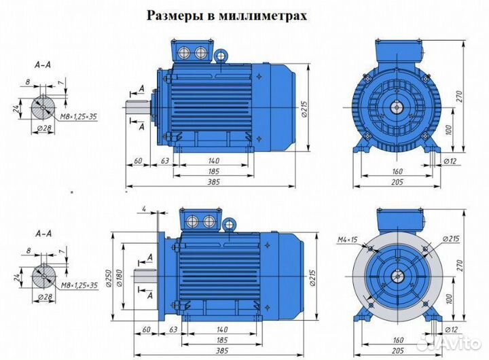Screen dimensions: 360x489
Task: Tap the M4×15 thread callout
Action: [x=348, y=239]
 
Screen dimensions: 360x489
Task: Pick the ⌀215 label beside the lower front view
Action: [x=448, y=238]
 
